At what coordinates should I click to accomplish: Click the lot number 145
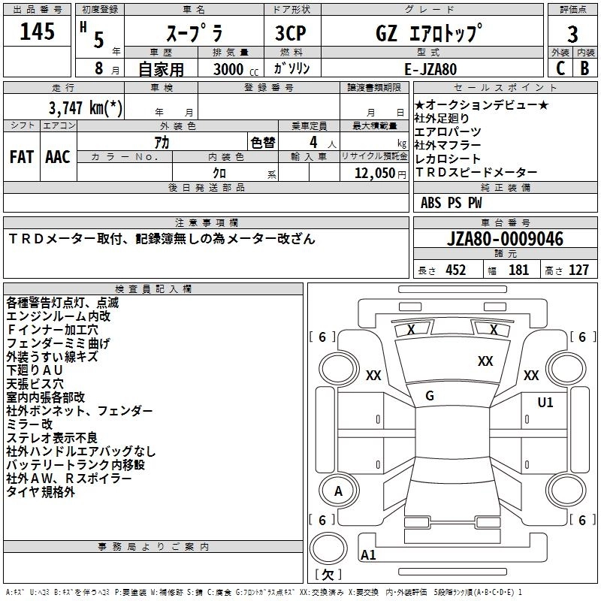37,31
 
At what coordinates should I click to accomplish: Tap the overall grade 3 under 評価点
572,34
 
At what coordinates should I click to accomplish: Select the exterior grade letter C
560,68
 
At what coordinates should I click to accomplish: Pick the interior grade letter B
585,68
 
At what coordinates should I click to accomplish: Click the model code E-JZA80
430,69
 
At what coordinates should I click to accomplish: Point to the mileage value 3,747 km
86,108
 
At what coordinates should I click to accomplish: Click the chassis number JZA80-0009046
505,239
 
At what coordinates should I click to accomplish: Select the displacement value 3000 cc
236,70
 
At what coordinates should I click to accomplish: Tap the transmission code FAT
22,157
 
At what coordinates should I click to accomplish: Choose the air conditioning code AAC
58,157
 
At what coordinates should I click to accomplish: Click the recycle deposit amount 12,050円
380,174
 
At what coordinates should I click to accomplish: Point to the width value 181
518,270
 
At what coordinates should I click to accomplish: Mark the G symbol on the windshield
430,396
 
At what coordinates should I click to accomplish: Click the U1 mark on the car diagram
545,403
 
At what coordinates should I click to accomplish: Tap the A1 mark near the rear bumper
368,555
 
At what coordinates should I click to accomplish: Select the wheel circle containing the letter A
339,491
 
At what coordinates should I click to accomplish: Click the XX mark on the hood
485,361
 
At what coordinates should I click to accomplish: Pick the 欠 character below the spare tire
328,575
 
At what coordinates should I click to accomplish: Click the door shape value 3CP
291,33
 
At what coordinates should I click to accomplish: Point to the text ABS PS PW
452,203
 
